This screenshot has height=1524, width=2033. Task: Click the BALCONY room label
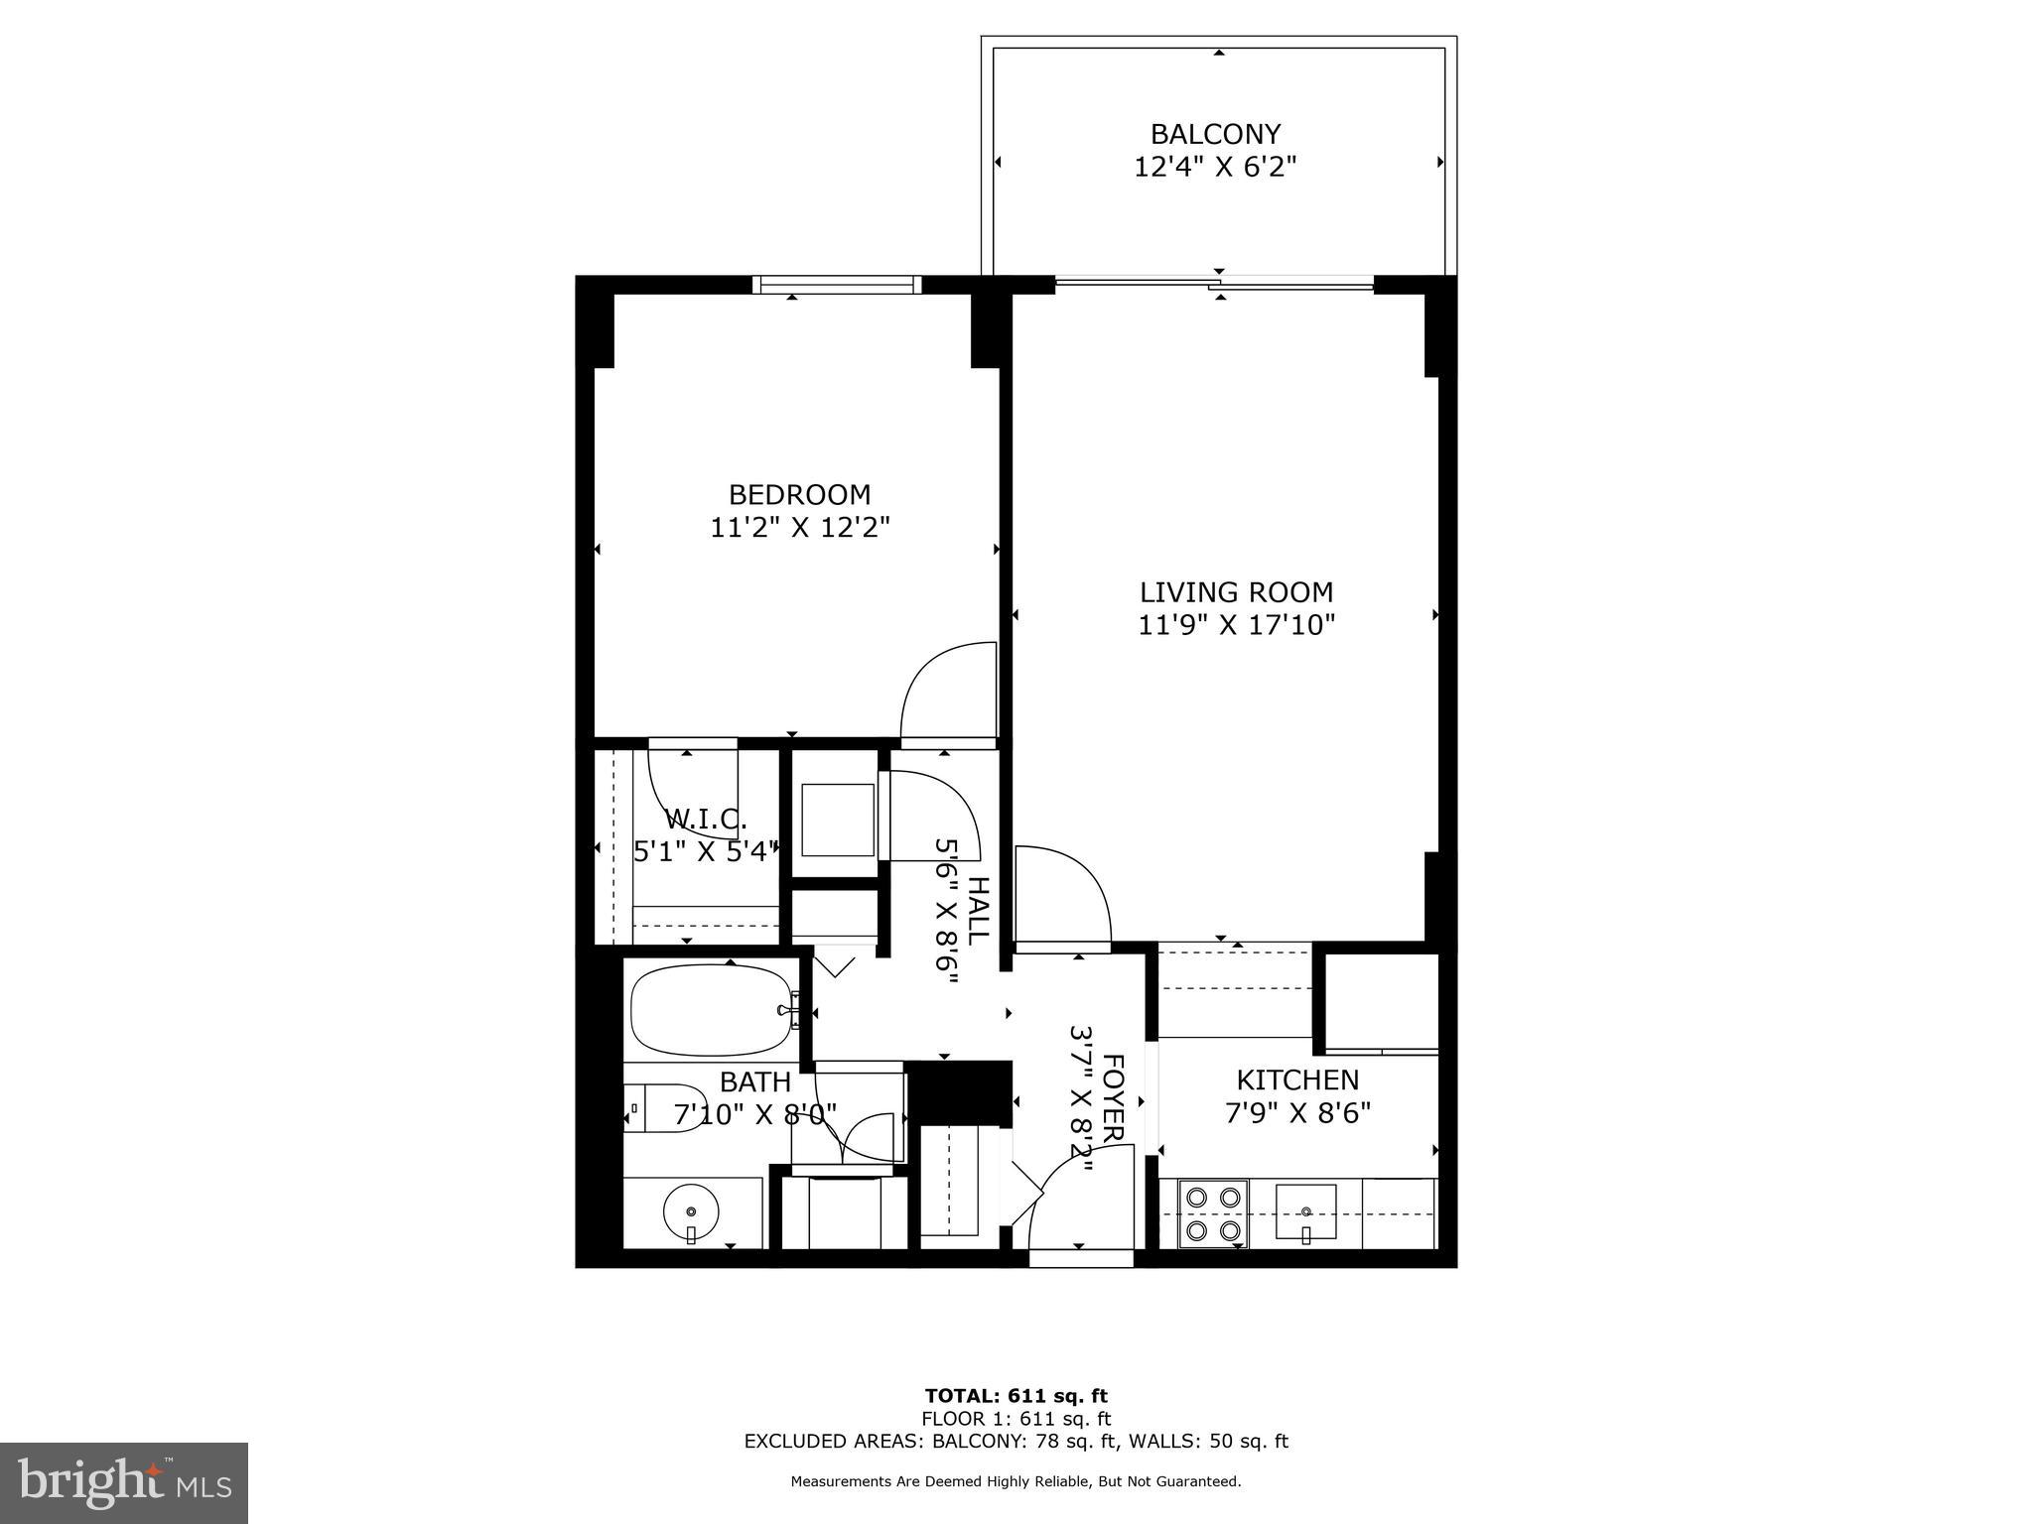pyautogui.click(x=1215, y=134)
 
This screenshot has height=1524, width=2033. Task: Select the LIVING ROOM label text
pyautogui.click(x=1236, y=592)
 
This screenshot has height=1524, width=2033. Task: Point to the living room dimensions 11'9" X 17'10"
pyautogui.click(x=1236, y=625)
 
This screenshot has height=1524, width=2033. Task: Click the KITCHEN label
pyautogui.click(x=1297, y=1079)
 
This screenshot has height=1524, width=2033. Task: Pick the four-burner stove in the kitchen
pyautogui.click(x=1213, y=1213)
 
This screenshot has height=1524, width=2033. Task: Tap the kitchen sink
pyautogui.click(x=1306, y=1211)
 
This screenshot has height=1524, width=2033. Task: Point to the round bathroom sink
pyautogui.click(x=691, y=1210)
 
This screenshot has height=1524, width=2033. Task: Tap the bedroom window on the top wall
pyautogui.click(x=837, y=285)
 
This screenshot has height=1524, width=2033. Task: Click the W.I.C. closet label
pyautogui.click(x=705, y=820)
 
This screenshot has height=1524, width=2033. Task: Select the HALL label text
pyautogui.click(x=978, y=910)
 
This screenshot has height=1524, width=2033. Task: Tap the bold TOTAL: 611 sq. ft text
pyautogui.click(x=1016, y=1396)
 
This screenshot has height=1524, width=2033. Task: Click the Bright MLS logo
pyautogui.click(x=124, y=1483)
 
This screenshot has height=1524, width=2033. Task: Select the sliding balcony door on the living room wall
pyautogui.click(x=1215, y=286)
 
